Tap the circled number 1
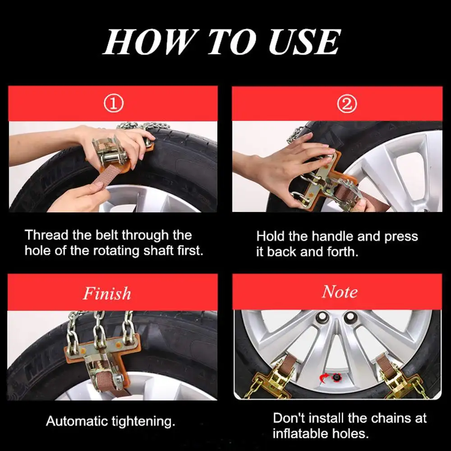(113, 104)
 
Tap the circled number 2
(347, 104)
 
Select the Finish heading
(107, 293)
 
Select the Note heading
(340, 292)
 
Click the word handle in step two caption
(332, 237)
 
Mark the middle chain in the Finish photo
(99, 329)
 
